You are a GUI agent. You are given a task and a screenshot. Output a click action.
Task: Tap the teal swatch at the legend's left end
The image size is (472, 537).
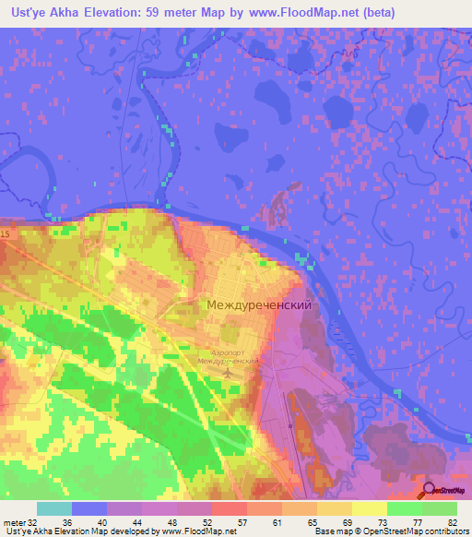pos(53,508)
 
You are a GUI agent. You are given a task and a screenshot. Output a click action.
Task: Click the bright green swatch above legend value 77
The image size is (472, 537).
pos(405,508)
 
